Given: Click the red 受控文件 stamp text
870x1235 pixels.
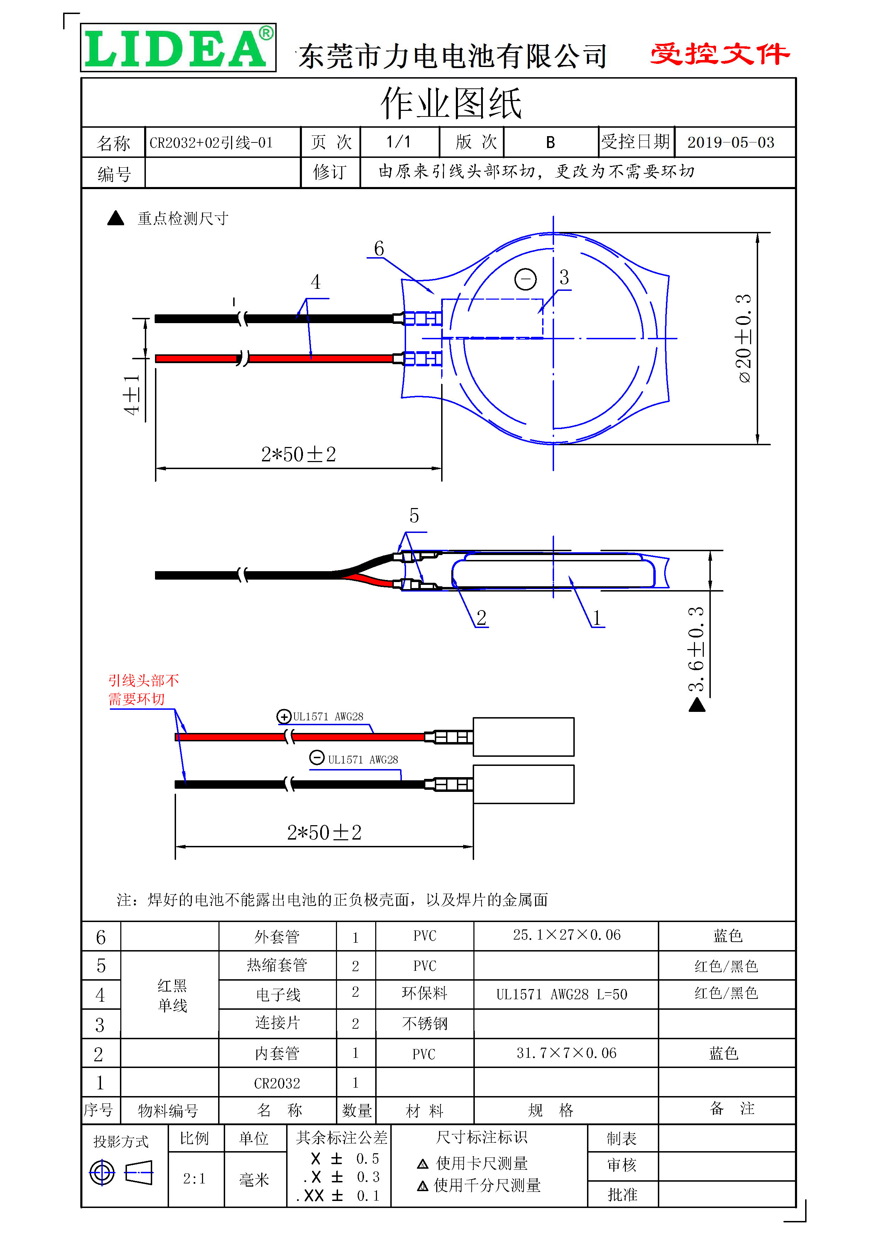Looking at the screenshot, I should [720, 54].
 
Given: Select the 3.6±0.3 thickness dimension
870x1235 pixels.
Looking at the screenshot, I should [696, 649].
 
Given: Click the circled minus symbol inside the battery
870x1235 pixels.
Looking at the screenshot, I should [525, 279].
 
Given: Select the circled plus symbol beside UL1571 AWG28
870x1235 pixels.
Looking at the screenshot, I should [283, 716].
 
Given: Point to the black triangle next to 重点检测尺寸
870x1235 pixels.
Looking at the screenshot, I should [116, 218].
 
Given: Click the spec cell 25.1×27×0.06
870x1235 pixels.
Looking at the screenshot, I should [566, 935].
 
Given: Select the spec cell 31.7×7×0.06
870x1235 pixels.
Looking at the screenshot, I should [566, 1053].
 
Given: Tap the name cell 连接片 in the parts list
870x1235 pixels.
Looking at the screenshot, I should [277, 1022].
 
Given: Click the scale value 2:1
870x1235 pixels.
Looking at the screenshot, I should [194, 1179].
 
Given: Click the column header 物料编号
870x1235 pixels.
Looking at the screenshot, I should [168, 1110].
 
